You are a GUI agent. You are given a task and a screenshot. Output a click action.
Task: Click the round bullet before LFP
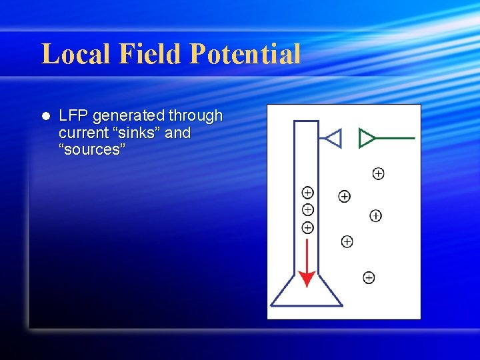tap(45, 116)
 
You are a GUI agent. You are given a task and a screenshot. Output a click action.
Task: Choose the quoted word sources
tap(92, 149)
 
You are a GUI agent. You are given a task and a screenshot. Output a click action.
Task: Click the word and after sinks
tap(177, 133)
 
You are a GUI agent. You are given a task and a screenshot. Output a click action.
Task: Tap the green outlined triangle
tap(366, 137)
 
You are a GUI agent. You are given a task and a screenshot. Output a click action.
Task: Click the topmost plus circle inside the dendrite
tap(307, 193)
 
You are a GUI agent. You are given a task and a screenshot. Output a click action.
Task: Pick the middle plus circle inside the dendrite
tap(307, 209)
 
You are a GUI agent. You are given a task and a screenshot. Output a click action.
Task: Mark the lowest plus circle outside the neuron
tap(369, 277)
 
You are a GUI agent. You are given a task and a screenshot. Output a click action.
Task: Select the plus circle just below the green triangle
tap(378, 173)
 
